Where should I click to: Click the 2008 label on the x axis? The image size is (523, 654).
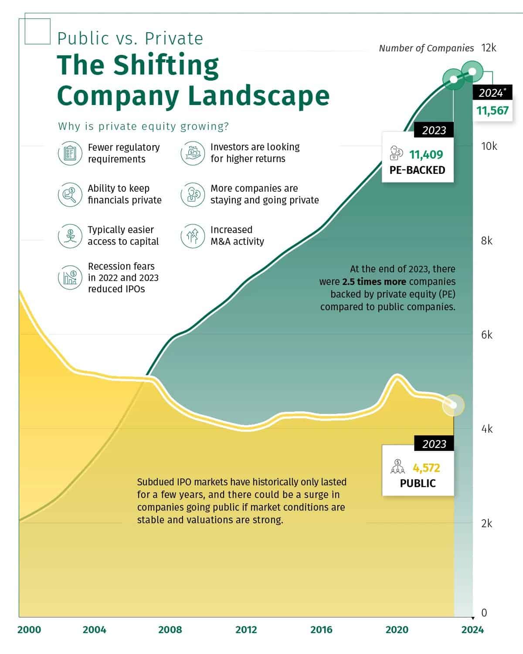click(170, 630)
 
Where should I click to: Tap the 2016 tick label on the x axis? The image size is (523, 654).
click(321, 630)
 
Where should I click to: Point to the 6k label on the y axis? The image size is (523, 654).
click(487, 335)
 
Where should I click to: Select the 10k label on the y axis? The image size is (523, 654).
click(489, 146)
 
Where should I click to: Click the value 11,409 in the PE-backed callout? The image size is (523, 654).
click(426, 155)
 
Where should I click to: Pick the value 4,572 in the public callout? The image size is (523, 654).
click(426, 468)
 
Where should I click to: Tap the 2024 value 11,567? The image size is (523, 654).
click(492, 111)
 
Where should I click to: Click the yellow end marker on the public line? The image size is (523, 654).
click(453, 405)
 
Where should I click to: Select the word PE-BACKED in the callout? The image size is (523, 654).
click(417, 170)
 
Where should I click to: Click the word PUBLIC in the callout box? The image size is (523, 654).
click(418, 483)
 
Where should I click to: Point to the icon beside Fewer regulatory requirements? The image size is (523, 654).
click(70, 153)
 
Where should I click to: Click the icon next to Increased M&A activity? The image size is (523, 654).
click(193, 236)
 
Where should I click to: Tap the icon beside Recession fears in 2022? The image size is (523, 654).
click(70, 278)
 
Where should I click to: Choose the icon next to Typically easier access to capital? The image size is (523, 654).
click(70, 236)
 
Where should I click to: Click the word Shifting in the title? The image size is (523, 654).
click(166, 65)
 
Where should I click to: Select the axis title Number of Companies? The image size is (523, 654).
click(426, 48)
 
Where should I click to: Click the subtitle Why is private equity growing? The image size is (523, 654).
click(143, 126)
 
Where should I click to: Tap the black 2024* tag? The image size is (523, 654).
click(492, 93)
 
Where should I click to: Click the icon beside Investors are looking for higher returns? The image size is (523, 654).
click(193, 153)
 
